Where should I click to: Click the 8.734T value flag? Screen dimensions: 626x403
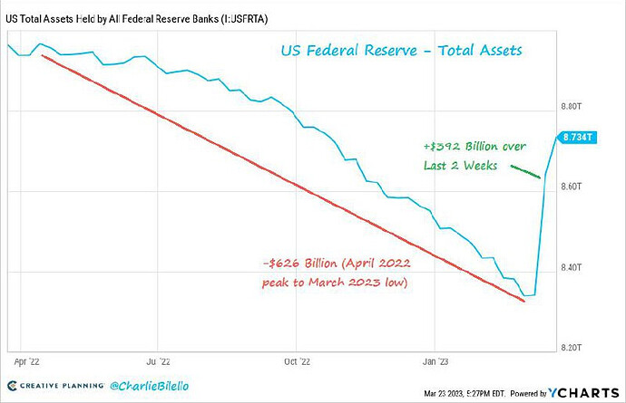[x=576, y=138]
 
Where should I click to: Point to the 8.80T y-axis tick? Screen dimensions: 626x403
[x=572, y=107]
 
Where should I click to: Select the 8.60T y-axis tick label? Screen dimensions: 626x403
[x=572, y=187]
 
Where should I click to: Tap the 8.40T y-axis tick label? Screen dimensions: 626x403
[x=572, y=267]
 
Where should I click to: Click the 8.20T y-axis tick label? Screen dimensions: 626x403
[x=572, y=348]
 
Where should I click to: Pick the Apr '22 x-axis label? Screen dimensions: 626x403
[x=26, y=362]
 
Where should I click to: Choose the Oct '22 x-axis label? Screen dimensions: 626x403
[x=297, y=362]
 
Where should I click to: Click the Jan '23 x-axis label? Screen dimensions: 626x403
[x=435, y=362]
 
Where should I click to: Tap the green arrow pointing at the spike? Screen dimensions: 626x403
[x=526, y=171]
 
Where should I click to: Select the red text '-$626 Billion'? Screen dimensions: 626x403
[x=299, y=264]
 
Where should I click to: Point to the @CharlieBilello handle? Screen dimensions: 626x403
[x=149, y=386]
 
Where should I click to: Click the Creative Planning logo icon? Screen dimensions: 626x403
[x=13, y=386]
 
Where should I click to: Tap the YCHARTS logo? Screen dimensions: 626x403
[x=583, y=393]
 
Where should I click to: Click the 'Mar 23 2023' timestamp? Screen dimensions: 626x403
[x=443, y=394]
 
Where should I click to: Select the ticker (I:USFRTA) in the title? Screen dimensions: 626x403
[x=245, y=19]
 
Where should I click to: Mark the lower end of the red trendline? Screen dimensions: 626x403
[x=524, y=301]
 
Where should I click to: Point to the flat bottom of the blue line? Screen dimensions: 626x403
[x=530, y=295]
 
